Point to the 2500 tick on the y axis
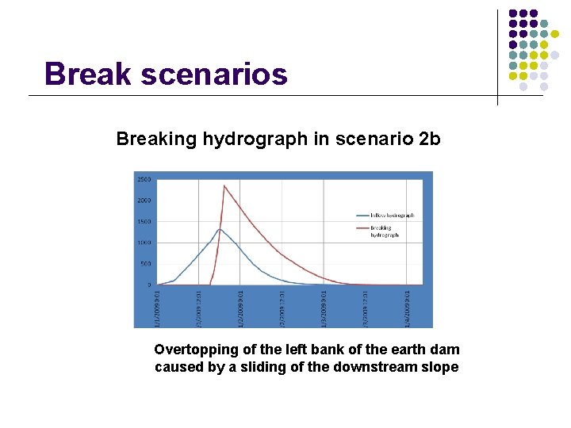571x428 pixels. (144, 179)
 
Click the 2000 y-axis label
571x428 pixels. (144, 201)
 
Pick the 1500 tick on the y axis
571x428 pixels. (144, 222)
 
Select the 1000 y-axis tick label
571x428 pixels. (144, 243)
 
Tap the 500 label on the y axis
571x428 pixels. (146, 264)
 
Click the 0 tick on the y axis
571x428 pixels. (149, 285)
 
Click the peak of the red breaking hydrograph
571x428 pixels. (224, 185)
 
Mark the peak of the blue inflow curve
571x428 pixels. (218, 229)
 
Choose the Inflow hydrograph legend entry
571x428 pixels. (392, 216)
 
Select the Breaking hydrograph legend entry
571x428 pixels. (385, 231)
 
